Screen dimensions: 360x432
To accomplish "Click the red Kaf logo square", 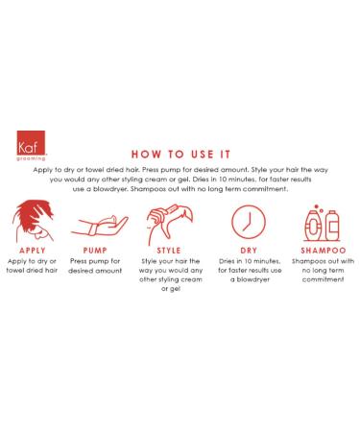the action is click(x=31, y=143).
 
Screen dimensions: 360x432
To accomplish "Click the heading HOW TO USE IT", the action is click(x=180, y=155).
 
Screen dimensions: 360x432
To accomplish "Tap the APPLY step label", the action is click(x=33, y=251).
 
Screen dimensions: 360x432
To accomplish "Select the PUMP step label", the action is click(x=95, y=251).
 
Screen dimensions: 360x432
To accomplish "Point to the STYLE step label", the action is click(x=169, y=251).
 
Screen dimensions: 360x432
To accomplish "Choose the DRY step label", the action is click(x=249, y=251).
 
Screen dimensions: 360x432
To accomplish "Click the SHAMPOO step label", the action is click(x=324, y=251).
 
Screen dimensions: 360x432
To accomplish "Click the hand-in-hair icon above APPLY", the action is click(x=33, y=221).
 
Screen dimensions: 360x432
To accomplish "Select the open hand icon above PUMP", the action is click(x=100, y=226).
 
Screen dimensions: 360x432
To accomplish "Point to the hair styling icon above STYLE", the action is click(x=170, y=224).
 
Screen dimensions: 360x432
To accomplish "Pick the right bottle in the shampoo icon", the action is click(x=332, y=226).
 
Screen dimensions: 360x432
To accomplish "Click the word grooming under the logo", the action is click(x=31, y=158).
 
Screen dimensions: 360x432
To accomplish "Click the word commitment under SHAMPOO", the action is click(x=324, y=279).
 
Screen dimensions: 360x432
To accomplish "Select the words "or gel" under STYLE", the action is click(x=171, y=289).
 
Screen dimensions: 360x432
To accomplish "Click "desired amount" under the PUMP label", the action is click(x=95, y=271).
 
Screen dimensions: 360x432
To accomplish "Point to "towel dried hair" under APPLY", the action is click(x=32, y=270).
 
